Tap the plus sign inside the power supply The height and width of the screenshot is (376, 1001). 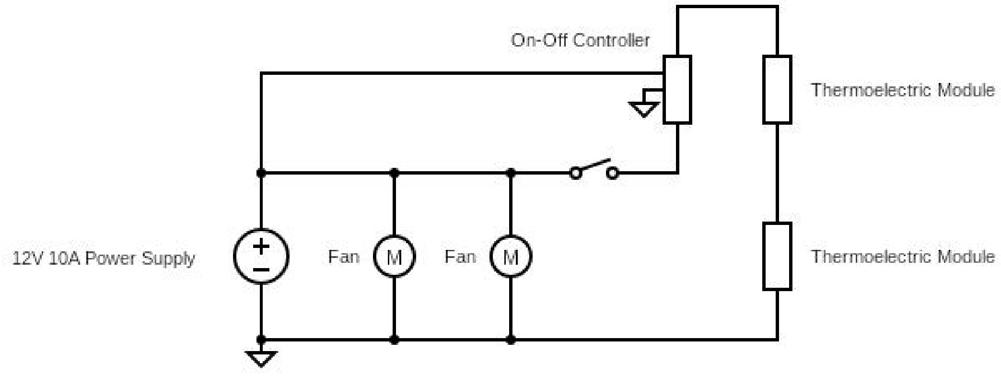(261, 247)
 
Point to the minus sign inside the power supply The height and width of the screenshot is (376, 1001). (261, 270)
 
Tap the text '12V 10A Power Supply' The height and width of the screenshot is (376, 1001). (104, 258)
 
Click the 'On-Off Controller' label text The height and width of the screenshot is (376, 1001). (580, 40)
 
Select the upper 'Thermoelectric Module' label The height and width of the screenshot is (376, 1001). (902, 90)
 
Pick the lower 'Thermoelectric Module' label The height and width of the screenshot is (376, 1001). (902, 257)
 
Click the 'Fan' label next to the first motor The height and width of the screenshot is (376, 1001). (343, 257)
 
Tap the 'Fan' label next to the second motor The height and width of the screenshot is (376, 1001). (460, 257)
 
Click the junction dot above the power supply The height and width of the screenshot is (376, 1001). (261, 173)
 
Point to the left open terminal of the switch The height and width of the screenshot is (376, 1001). (575, 173)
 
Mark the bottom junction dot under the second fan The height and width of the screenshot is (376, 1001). (511, 340)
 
